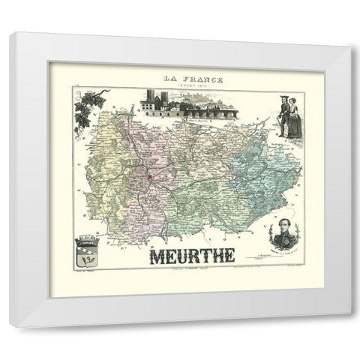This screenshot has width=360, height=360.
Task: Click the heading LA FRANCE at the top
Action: point(180,76)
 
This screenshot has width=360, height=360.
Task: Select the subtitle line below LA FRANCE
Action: point(180,83)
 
